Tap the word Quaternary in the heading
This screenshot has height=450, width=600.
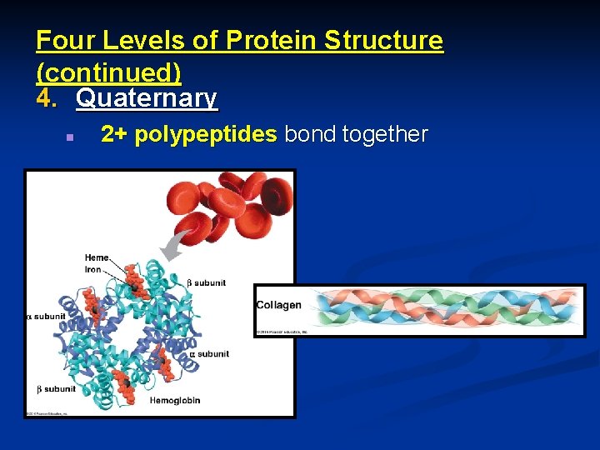point(147,98)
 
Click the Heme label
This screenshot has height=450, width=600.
point(96,257)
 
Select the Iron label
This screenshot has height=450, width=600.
point(93,269)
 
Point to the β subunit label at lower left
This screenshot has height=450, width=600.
point(56,389)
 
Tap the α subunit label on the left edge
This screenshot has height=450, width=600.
point(47,317)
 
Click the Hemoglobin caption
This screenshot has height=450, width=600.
point(175,401)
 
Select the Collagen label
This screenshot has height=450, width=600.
point(278,305)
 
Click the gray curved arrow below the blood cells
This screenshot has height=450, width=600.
point(177,246)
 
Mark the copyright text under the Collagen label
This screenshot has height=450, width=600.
point(281,332)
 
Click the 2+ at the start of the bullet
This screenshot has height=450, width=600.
point(114,134)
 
